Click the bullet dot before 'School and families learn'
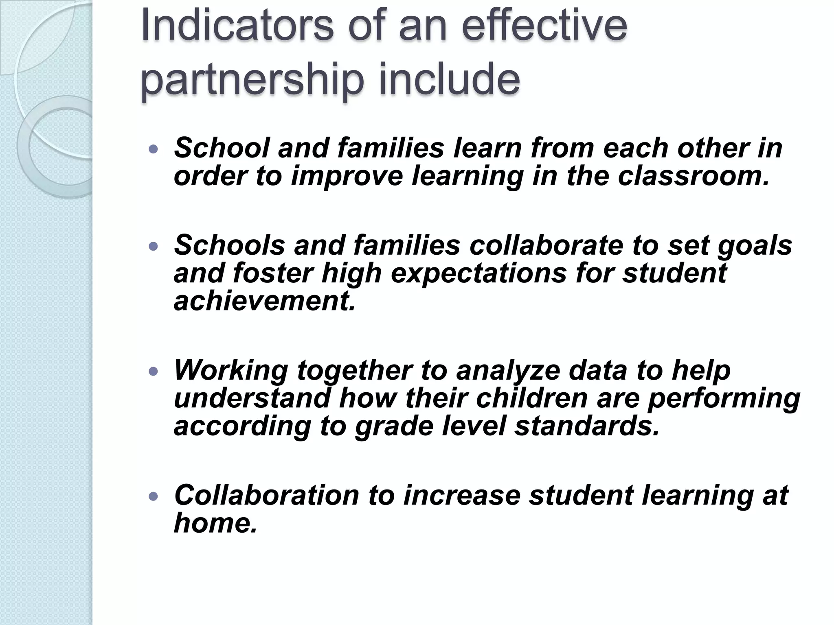[153, 150]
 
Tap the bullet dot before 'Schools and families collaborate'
[153, 247]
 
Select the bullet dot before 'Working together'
[153, 372]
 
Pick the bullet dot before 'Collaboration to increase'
[153, 496]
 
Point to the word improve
[347, 177]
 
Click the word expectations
[479, 273]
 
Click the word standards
[586, 426]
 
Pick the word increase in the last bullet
[462, 495]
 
